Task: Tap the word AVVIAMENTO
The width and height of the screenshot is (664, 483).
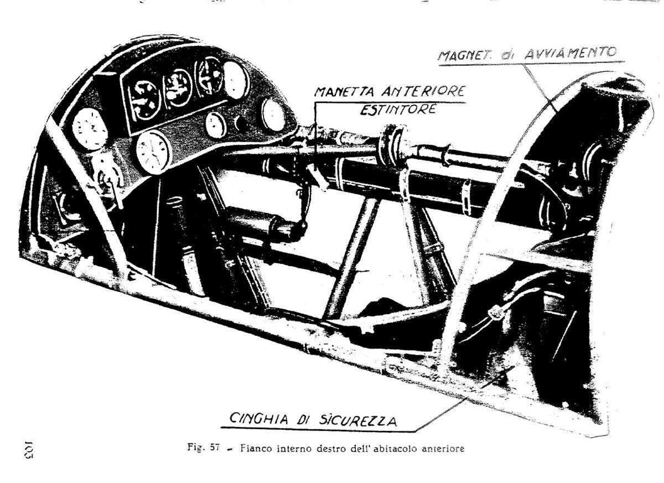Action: pyautogui.click(x=571, y=53)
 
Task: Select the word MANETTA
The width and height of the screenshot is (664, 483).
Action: pyautogui.click(x=345, y=92)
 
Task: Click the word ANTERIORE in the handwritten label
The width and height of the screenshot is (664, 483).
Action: pyautogui.click(x=423, y=91)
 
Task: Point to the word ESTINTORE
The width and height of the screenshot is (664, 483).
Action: pyautogui.click(x=398, y=110)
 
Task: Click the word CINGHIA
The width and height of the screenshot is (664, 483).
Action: pyautogui.click(x=258, y=419)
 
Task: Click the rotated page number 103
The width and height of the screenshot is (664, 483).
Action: pyautogui.click(x=28, y=450)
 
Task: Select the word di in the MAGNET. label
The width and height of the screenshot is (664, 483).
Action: pyautogui.click(x=508, y=55)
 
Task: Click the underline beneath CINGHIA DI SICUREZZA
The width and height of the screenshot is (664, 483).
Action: pyautogui.click(x=318, y=429)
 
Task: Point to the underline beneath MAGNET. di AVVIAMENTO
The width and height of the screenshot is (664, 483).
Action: pyautogui.click(x=532, y=64)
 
